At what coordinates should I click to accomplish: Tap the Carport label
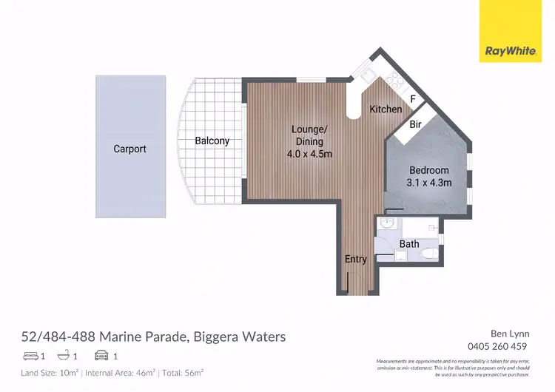point(129,149)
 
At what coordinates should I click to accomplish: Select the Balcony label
point(212,141)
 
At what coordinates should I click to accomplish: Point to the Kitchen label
point(386,109)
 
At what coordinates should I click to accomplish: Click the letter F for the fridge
point(413,99)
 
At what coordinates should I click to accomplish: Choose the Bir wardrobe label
point(415,125)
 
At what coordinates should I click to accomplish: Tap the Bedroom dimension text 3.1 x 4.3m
point(429,183)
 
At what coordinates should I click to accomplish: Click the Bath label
point(409,244)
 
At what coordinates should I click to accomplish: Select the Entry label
point(355,259)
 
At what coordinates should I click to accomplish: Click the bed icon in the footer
point(30,356)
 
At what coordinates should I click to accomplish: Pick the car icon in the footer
point(102,356)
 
